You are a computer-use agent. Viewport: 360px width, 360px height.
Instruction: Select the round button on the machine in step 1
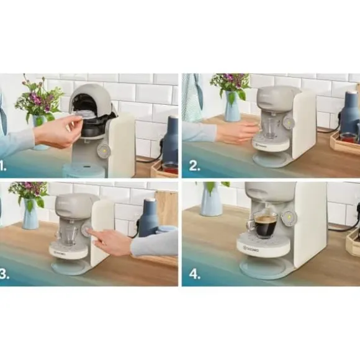coord(104,150)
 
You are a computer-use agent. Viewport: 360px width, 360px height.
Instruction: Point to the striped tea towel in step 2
coord(192,99)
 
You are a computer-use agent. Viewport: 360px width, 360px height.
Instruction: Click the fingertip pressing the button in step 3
coord(89,232)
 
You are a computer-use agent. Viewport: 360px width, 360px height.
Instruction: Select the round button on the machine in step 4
coord(287,217)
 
